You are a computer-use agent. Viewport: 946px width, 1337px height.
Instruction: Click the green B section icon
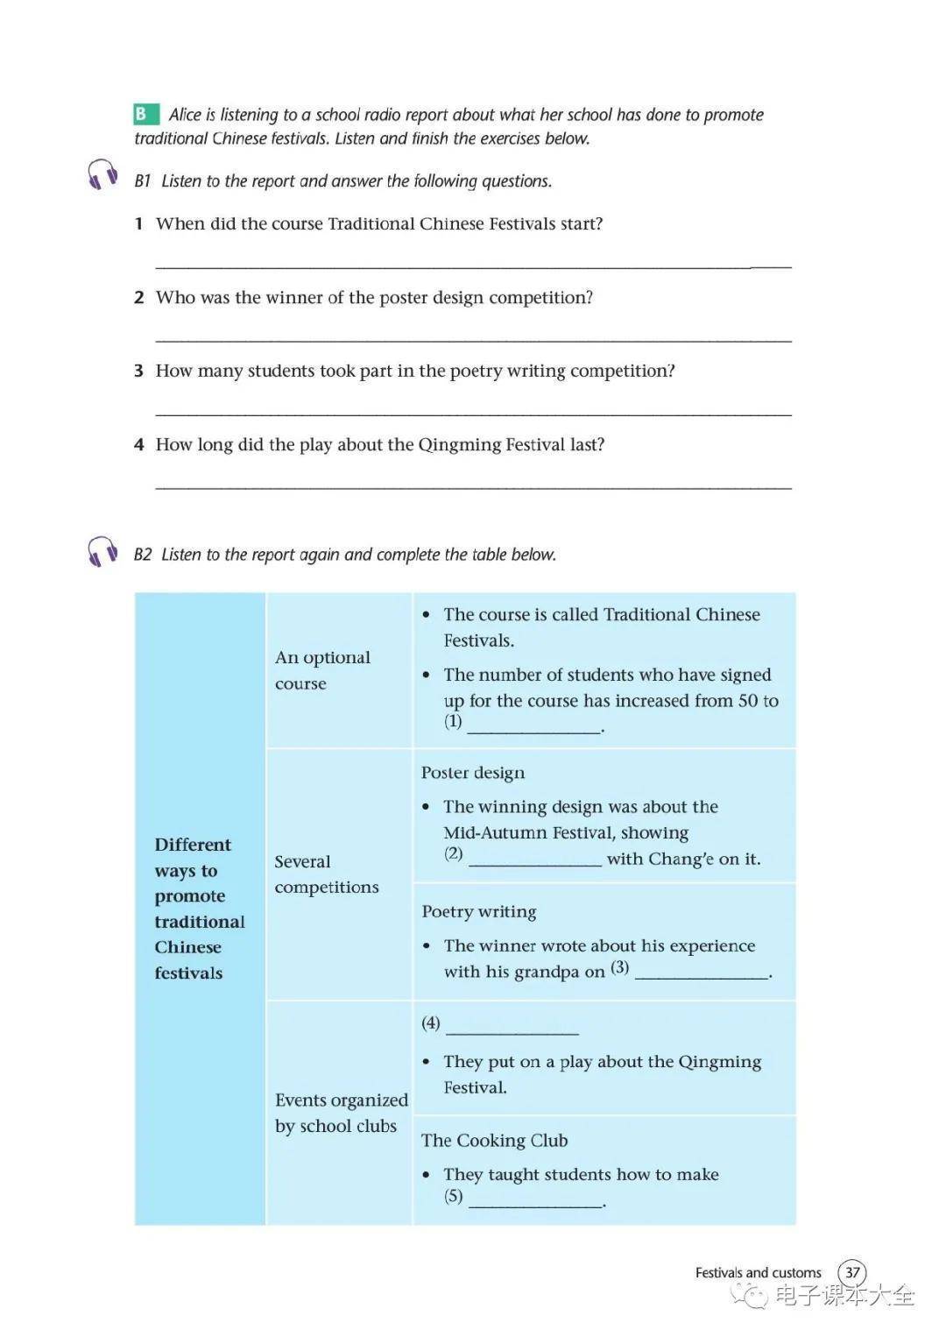pos(145,114)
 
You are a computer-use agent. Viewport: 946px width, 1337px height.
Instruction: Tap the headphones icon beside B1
pos(103,174)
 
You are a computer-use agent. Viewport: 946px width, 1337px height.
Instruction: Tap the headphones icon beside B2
pos(103,551)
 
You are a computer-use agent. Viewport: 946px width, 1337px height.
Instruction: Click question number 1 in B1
pos(138,224)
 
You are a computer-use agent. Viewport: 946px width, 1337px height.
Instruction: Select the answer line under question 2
pos(473,339)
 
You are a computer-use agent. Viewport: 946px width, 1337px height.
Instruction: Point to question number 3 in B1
pos(138,371)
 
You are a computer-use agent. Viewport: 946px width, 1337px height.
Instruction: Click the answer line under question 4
pos(473,486)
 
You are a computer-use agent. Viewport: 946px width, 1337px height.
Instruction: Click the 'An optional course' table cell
pos(322,670)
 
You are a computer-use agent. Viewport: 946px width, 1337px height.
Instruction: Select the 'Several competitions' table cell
pos(326,874)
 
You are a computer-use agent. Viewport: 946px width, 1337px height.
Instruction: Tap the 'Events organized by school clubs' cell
pos(341,1113)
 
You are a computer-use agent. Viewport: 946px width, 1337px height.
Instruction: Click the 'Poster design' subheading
pos(473,773)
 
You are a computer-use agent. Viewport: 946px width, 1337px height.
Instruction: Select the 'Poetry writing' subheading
pos(479,911)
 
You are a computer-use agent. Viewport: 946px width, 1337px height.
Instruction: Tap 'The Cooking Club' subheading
pos(494,1140)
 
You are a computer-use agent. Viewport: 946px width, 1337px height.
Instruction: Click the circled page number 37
pos(851,1272)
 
